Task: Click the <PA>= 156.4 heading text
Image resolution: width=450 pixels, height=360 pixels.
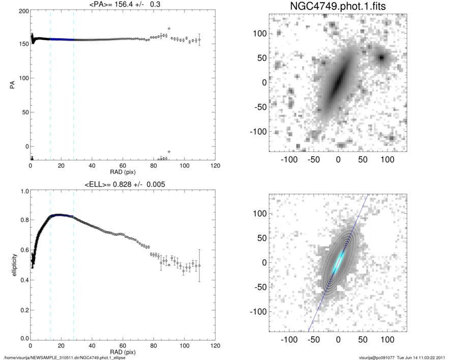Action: [x=122, y=4]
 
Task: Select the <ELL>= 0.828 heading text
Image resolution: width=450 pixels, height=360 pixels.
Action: [x=122, y=184]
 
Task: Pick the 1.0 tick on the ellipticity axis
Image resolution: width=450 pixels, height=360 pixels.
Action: [x=23, y=192]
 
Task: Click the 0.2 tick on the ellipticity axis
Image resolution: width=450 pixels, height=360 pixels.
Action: [x=23, y=309]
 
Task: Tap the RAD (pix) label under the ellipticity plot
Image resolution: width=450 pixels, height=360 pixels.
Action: [x=122, y=351]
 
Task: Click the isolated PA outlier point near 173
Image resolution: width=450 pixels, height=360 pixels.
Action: [x=169, y=28]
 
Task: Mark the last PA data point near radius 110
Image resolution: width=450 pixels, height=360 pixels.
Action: [x=199, y=39]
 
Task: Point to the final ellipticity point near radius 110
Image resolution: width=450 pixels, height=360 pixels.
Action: [x=199, y=265]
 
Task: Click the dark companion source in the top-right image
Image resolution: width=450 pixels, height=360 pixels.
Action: [x=381, y=57]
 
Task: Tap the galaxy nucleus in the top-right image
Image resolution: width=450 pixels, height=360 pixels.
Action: [x=337, y=82]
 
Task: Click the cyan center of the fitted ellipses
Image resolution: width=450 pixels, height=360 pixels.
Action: [x=338, y=262]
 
